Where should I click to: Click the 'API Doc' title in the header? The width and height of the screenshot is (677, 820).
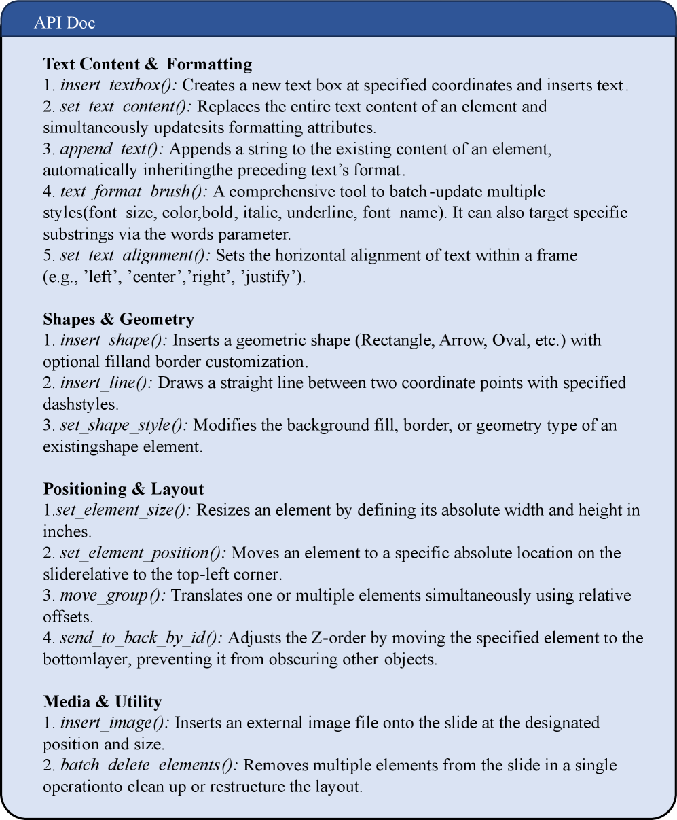(x=65, y=23)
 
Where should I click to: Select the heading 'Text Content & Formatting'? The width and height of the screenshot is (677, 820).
(x=147, y=64)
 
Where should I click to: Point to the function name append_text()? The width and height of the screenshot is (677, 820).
(x=106, y=149)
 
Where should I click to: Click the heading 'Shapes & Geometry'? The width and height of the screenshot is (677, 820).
(x=118, y=319)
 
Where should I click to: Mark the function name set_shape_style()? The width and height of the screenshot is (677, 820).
(x=124, y=425)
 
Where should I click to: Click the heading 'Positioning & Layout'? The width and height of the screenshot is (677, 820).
(x=124, y=489)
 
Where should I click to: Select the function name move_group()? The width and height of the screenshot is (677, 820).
(x=113, y=596)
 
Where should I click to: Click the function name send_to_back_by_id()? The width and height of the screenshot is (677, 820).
(x=142, y=638)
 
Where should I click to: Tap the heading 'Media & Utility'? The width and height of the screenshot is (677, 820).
(x=103, y=702)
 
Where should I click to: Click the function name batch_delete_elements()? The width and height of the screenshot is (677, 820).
(x=149, y=766)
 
